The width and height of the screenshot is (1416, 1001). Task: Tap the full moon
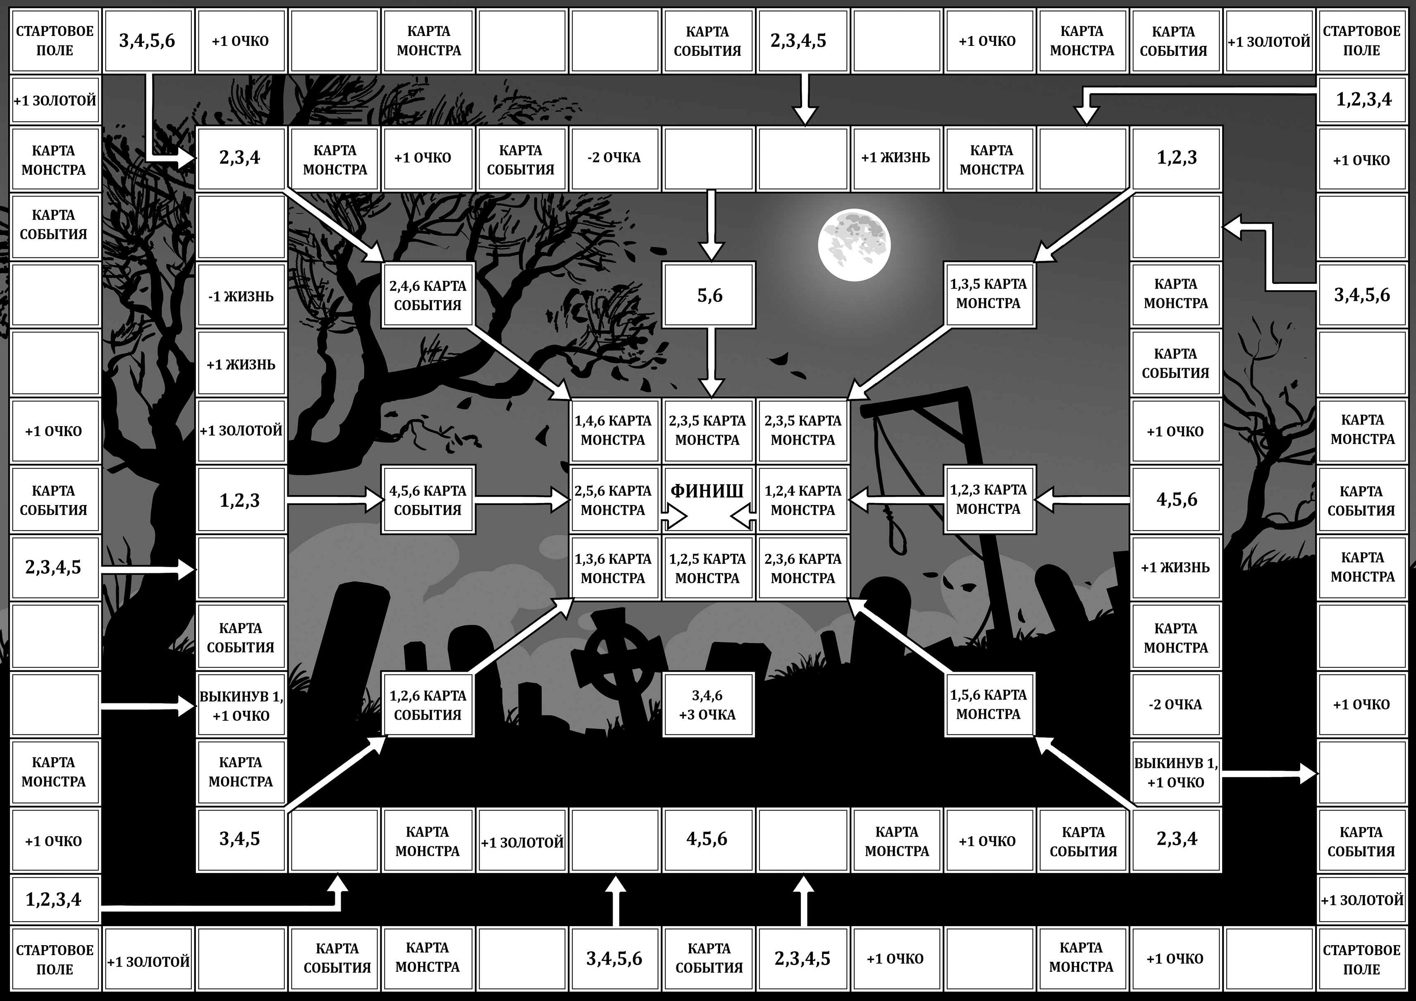click(854, 245)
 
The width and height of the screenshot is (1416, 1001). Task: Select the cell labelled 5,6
click(709, 295)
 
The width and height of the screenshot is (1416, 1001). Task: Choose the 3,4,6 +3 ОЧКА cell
click(708, 705)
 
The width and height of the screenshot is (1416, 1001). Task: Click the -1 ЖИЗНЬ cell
click(241, 296)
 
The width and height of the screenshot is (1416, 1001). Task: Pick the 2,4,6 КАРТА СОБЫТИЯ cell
click(428, 295)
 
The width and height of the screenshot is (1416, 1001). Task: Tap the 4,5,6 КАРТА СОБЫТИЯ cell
click(428, 500)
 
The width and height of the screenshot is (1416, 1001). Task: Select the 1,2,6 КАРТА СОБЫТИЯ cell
click(428, 705)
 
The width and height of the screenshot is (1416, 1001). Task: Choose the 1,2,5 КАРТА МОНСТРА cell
click(708, 568)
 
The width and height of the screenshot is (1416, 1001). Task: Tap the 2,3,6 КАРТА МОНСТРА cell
click(803, 568)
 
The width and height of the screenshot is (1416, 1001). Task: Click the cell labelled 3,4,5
click(241, 839)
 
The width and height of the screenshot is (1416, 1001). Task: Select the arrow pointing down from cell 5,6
click(712, 362)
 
